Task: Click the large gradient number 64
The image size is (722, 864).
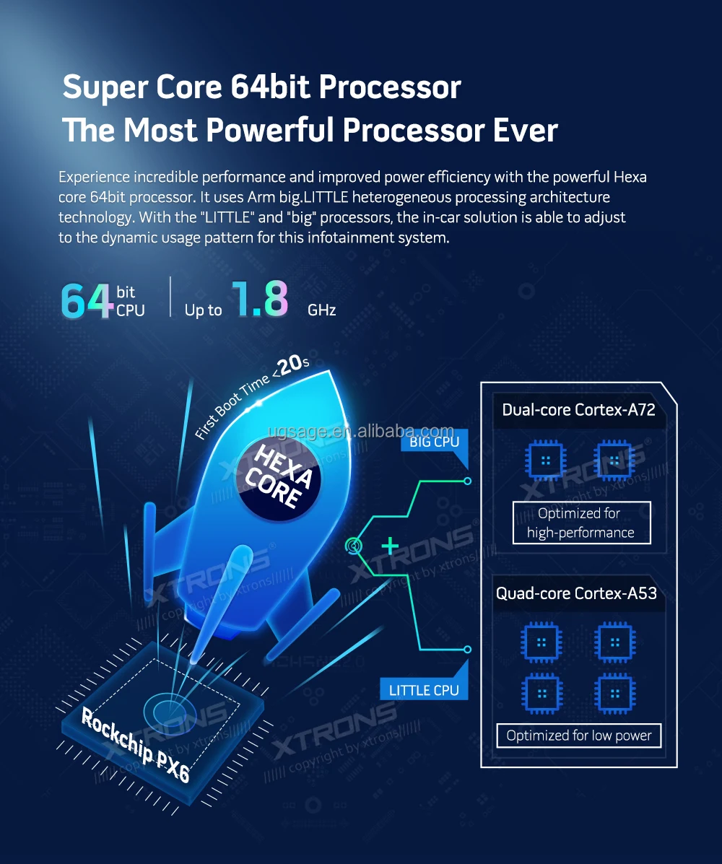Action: [87, 301]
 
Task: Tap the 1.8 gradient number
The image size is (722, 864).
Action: [259, 300]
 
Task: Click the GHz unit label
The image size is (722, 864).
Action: [321, 310]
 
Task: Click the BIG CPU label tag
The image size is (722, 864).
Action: [434, 442]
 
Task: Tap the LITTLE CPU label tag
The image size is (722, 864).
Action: [424, 690]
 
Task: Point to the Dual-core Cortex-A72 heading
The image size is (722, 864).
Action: [578, 410]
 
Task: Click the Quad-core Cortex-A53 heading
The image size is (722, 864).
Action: [576, 593]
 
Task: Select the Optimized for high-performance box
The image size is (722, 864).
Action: [580, 523]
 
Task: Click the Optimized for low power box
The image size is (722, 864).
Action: [579, 736]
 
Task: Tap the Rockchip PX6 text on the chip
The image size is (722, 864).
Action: [136, 746]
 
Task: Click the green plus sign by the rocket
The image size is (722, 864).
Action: [390, 546]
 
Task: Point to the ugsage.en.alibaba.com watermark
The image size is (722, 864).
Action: [360, 432]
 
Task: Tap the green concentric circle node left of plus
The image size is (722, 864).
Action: [355, 546]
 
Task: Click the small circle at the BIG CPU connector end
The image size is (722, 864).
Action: [467, 481]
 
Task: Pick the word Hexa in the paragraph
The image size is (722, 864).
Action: [631, 177]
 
